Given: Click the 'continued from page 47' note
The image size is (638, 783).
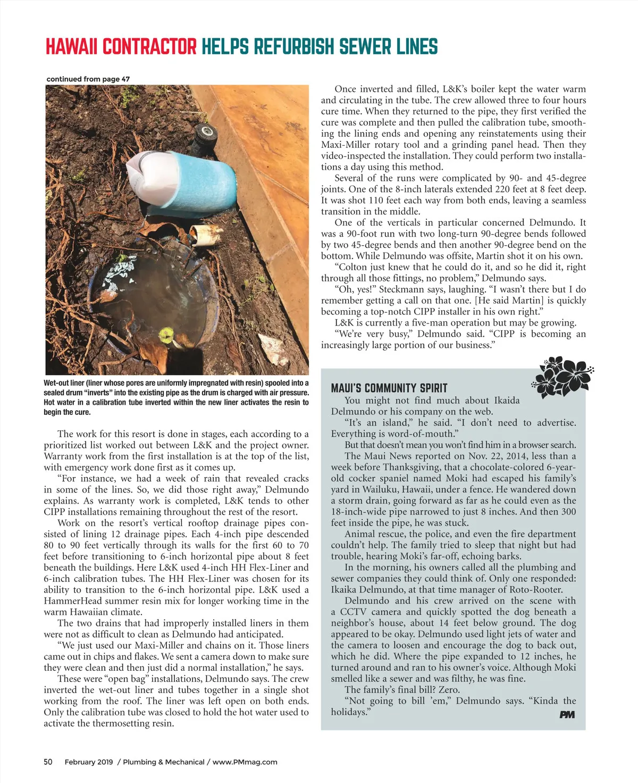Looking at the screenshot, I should pyautogui.click(x=88, y=79).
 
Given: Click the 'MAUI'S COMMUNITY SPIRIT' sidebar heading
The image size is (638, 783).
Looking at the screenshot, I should pyautogui.click(x=389, y=388).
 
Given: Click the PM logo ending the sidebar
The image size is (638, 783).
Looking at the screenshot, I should pyautogui.click(x=567, y=714).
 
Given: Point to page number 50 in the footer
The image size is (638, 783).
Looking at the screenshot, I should pyautogui.click(x=48, y=762).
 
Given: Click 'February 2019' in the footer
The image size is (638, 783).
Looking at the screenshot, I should pyautogui.click(x=89, y=762).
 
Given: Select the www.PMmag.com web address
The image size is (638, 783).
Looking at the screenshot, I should pyautogui.click(x=245, y=762).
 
